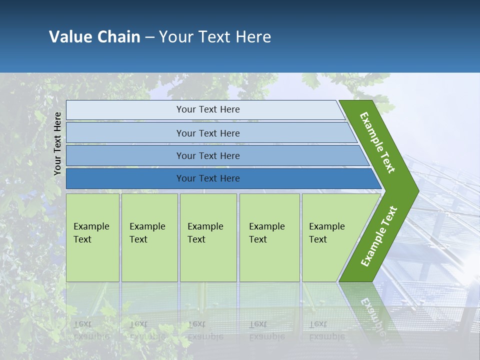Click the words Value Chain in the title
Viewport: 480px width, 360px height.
click(x=94, y=37)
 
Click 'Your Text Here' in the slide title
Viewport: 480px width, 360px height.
click(x=215, y=37)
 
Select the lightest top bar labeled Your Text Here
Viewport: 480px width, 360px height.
click(x=207, y=109)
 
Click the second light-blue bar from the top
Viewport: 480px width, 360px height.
click(x=207, y=133)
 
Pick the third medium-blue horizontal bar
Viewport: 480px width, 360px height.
click(x=207, y=155)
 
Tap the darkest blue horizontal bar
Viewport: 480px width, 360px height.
click(x=207, y=178)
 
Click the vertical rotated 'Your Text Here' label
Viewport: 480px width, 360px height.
click(x=57, y=143)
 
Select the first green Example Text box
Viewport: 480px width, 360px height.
click(x=92, y=237)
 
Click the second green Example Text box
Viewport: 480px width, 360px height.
click(x=149, y=237)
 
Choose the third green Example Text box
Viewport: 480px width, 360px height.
click(x=208, y=237)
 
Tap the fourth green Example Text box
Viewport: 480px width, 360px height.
click(x=269, y=237)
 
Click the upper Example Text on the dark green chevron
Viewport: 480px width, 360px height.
click(x=378, y=142)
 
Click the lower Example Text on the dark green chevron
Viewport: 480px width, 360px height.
click(x=378, y=236)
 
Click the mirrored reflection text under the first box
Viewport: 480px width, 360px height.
click(x=91, y=330)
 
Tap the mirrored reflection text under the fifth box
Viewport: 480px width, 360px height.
click(x=327, y=330)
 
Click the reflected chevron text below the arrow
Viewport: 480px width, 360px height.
click(x=372, y=315)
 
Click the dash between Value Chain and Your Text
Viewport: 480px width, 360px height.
click(x=149, y=37)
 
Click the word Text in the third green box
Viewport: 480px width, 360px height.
click(x=196, y=239)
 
